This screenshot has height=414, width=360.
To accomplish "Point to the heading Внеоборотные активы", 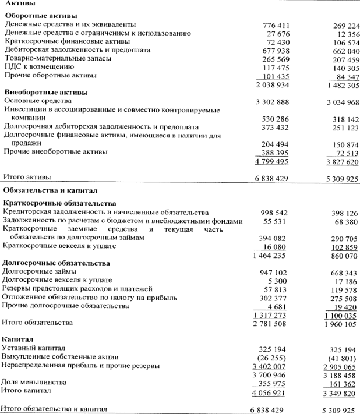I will pos(46,92).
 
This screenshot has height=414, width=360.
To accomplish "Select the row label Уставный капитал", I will pos(36,347).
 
